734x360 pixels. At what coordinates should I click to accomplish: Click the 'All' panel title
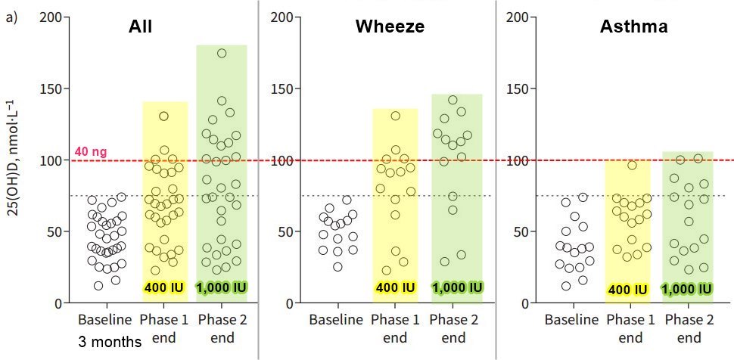click(x=139, y=28)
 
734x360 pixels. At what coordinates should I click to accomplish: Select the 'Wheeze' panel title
click(x=390, y=28)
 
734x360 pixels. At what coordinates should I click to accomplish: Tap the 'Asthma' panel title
click(x=633, y=28)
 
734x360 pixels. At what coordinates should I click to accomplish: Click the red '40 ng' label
click(x=91, y=152)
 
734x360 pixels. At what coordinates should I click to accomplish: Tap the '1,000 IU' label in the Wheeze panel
click(x=457, y=288)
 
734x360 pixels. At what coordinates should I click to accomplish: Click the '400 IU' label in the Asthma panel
click(x=627, y=289)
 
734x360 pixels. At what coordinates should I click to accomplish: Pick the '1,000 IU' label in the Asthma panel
click(x=687, y=289)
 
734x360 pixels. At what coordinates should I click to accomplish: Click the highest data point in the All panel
click(x=222, y=53)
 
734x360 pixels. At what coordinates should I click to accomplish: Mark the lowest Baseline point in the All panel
click(x=98, y=285)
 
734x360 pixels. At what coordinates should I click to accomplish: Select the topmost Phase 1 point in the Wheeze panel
click(x=395, y=116)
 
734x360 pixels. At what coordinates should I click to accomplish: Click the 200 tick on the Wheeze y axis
click(x=284, y=17)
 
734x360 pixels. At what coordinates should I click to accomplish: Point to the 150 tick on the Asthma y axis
click(x=521, y=88)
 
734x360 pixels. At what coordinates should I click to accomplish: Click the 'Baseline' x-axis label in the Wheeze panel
click(x=336, y=320)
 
